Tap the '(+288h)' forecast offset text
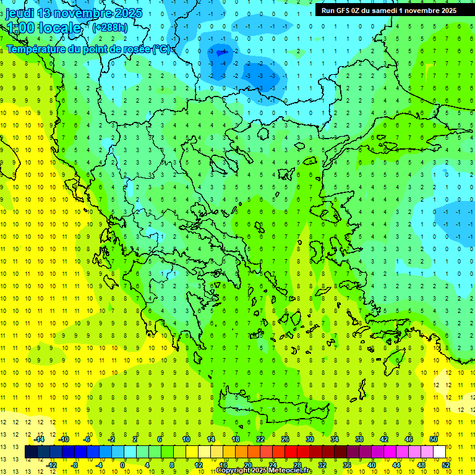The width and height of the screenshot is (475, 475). [x=109, y=27]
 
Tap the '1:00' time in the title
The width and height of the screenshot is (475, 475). [x=20, y=28]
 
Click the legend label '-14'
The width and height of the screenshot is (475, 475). [x=39, y=439]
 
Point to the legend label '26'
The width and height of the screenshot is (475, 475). [x=285, y=439]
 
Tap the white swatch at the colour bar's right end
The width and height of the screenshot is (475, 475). [x=439, y=451]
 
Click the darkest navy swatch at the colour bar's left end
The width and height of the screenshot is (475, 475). [x=31, y=451]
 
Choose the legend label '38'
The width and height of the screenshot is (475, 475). [x=359, y=439]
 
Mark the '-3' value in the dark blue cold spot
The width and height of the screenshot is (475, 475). [x=212, y=53]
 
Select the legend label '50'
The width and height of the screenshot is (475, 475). [x=433, y=439]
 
